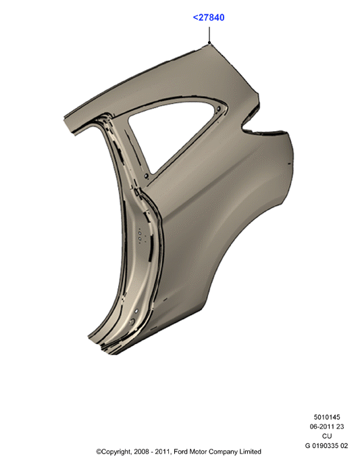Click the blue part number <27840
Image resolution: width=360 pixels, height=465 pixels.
point(209,18)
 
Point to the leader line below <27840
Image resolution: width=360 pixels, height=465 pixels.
point(209,34)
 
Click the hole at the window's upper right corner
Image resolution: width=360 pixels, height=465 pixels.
point(219,109)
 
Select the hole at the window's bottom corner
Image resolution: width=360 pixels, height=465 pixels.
point(146,176)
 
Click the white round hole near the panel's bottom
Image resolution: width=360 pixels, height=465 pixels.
point(136,311)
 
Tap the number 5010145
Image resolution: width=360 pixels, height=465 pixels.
point(327,417)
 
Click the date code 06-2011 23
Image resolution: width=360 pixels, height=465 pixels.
point(327,426)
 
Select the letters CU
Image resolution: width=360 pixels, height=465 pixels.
point(327,436)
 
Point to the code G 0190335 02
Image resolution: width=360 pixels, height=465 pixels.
point(326,445)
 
